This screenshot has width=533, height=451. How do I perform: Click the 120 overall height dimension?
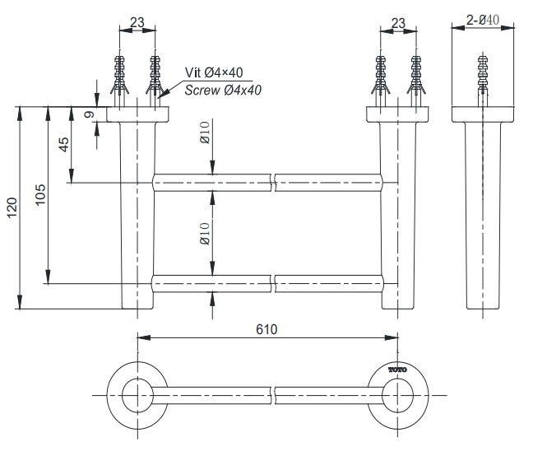(x=11, y=207)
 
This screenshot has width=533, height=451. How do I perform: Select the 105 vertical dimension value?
(x=41, y=194)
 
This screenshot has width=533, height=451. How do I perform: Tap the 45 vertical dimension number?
(x=64, y=145)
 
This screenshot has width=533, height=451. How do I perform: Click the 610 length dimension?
(x=266, y=328)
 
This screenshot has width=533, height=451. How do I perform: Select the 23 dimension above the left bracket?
(x=138, y=23)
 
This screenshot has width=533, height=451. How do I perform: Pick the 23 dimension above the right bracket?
(x=398, y=23)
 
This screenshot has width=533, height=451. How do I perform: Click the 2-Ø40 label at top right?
(x=483, y=20)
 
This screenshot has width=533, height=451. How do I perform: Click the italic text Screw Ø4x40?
(x=222, y=90)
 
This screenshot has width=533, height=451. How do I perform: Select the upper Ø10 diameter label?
(x=204, y=133)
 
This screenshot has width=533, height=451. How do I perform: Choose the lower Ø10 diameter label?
(x=204, y=233)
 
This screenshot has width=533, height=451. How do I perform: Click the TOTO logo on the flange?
(x=398, y=370)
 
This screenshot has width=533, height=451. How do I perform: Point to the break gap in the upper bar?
(x=273, y=182)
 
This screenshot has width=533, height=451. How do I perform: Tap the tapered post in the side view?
(x=483, y=214)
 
